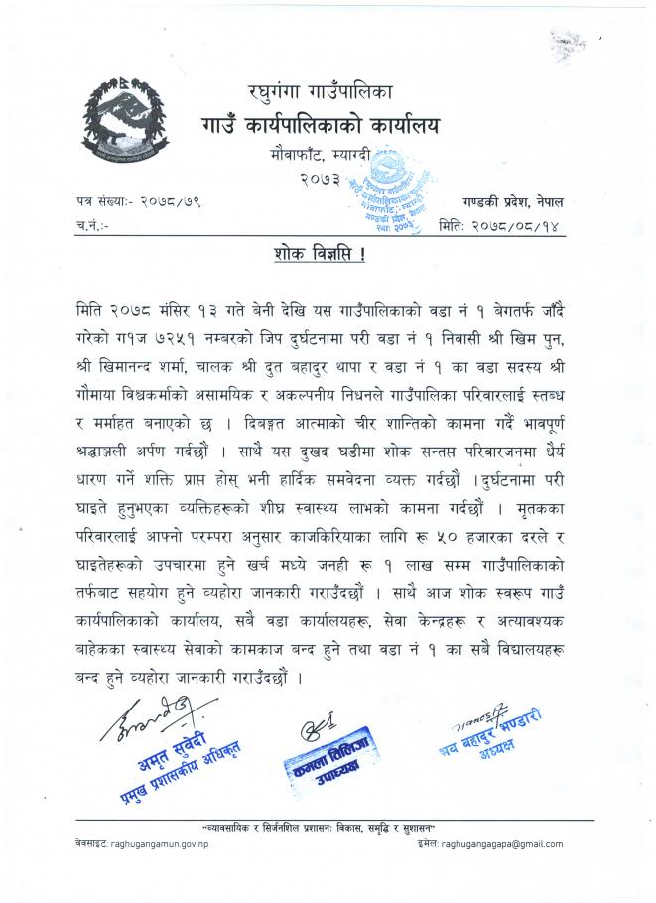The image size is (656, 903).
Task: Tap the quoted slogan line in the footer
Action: pyautogui.click(x=331, y=828)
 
